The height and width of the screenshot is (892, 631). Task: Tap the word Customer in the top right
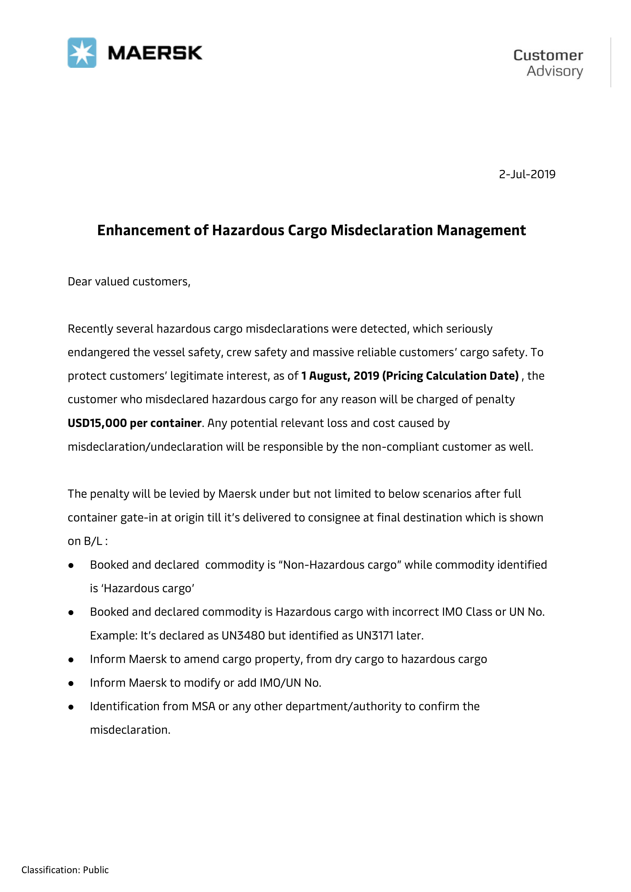click(548, 56)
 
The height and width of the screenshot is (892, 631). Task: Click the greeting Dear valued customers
click(129, 282)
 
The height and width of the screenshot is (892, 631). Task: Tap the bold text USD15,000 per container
click(134, 423)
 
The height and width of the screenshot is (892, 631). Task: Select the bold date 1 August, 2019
click(340, 376)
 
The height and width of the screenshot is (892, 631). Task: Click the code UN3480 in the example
click(243, 636)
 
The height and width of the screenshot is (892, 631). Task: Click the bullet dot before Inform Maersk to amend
click(71, 660)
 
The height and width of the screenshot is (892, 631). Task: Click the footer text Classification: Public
click(65, 870)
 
